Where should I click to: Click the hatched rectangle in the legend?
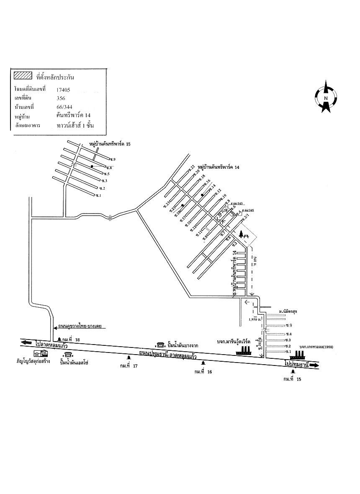(23, 76)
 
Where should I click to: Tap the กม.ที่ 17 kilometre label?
(129, 366)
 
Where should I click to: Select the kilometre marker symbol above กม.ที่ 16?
(203, 363)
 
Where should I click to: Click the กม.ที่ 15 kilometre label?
(292, 379)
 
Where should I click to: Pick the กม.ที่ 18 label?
(71, 340)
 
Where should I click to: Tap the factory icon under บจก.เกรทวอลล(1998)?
(298, 353)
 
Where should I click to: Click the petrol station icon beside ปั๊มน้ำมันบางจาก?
(160, 345)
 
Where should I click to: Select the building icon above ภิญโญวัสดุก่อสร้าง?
(41, 353)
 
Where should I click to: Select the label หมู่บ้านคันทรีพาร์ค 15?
(110, 144)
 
